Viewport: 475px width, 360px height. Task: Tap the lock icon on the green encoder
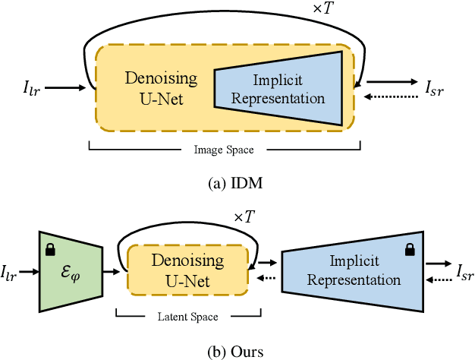pos(51,249)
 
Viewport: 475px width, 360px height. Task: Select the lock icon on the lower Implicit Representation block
pos(410,248)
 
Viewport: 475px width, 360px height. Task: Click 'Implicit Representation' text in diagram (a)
pos(278,90)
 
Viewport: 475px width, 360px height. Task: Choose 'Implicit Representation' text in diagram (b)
pos(354,270)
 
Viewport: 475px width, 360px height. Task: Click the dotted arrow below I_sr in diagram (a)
pos(388,96)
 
